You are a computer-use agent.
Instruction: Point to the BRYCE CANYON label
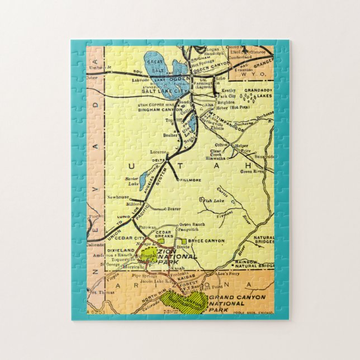[x=207, y=241]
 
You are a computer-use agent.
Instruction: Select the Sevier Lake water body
[x=143, y=180]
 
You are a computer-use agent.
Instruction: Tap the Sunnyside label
[x=263, y=157]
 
